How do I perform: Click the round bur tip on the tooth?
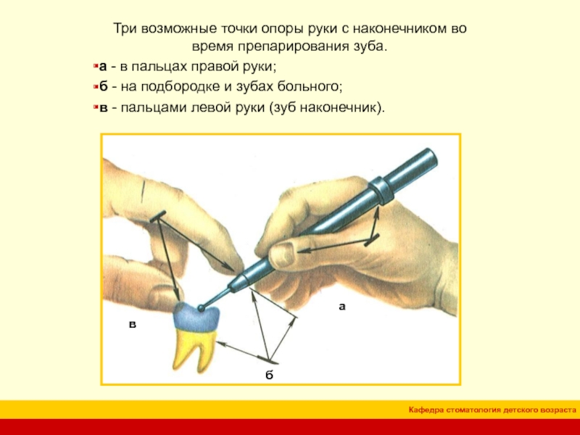point(202,307)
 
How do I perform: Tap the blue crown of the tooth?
point(196,317)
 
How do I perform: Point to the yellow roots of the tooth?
point(194,349)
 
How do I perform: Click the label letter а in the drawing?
point(342,306)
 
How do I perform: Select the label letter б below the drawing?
point(269,375)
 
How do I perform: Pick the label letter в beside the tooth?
point(133,325)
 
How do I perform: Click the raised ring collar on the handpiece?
point(381,190)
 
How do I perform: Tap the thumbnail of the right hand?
point(284,252)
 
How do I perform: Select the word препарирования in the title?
point(289,47)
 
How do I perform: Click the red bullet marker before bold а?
point(96,67)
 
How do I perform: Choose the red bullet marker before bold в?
point(96,107)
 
